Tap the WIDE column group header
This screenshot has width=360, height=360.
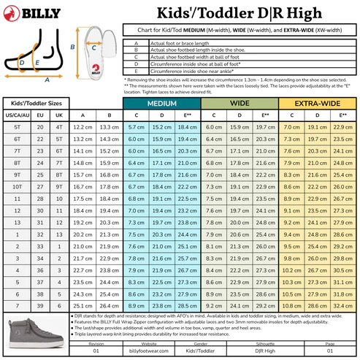[x=239, y=104]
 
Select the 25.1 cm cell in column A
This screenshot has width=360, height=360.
[x=83, y=305]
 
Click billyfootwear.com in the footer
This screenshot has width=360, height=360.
[x=161, y=351]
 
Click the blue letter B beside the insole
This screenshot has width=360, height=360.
[x=73, y=46]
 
